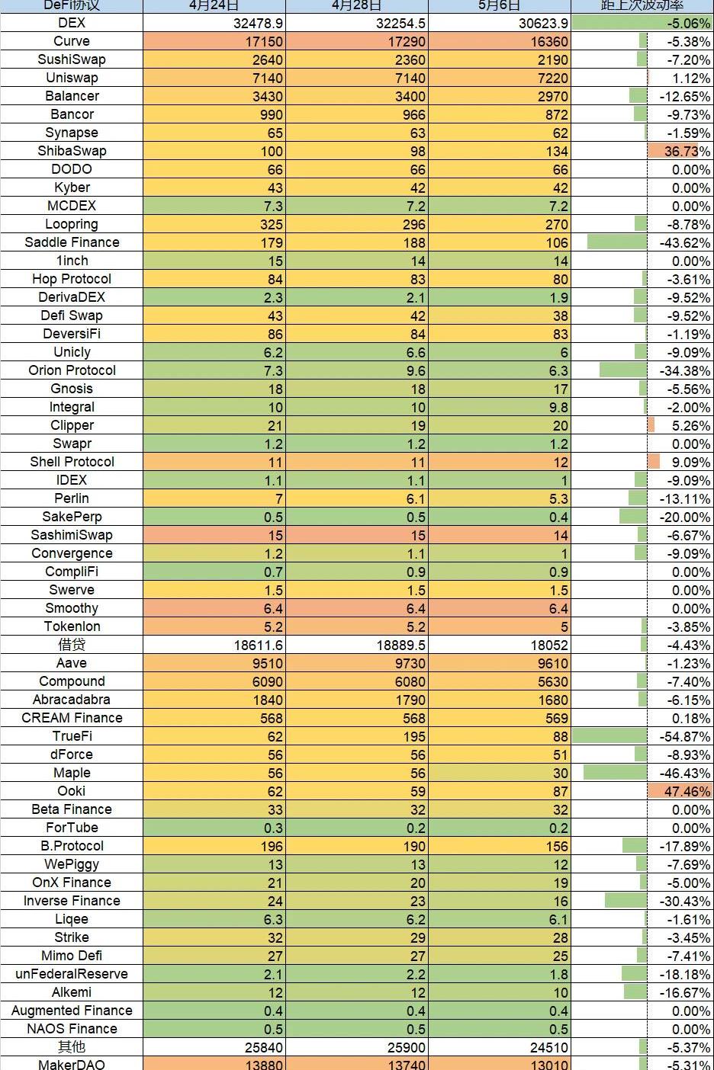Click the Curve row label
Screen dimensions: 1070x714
point(72,41)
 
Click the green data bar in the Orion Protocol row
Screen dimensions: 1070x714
point(622,370)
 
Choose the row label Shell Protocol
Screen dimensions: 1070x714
point(72,462)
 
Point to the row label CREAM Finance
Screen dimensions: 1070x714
point(72,718)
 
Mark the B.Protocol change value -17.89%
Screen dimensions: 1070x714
point(684,846)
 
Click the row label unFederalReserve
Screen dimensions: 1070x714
point(72,974)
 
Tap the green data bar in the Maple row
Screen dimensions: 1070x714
point(615,773)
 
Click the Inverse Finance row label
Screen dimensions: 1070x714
point(72,901)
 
